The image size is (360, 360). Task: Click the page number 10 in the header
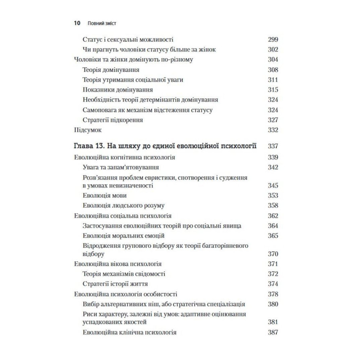pos(76,23)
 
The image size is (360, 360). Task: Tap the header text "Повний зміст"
pos(103,23)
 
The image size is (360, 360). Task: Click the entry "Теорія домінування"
pos(111,70)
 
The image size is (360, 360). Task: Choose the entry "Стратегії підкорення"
pos(113,120)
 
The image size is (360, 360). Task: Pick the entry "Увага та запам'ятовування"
pos(121,167)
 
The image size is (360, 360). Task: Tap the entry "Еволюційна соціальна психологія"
pos(122,216)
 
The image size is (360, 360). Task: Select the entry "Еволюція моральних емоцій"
pos(123,236)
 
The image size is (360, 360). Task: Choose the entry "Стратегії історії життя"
pos(115,283)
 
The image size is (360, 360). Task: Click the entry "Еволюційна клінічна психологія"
pos(129,332)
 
